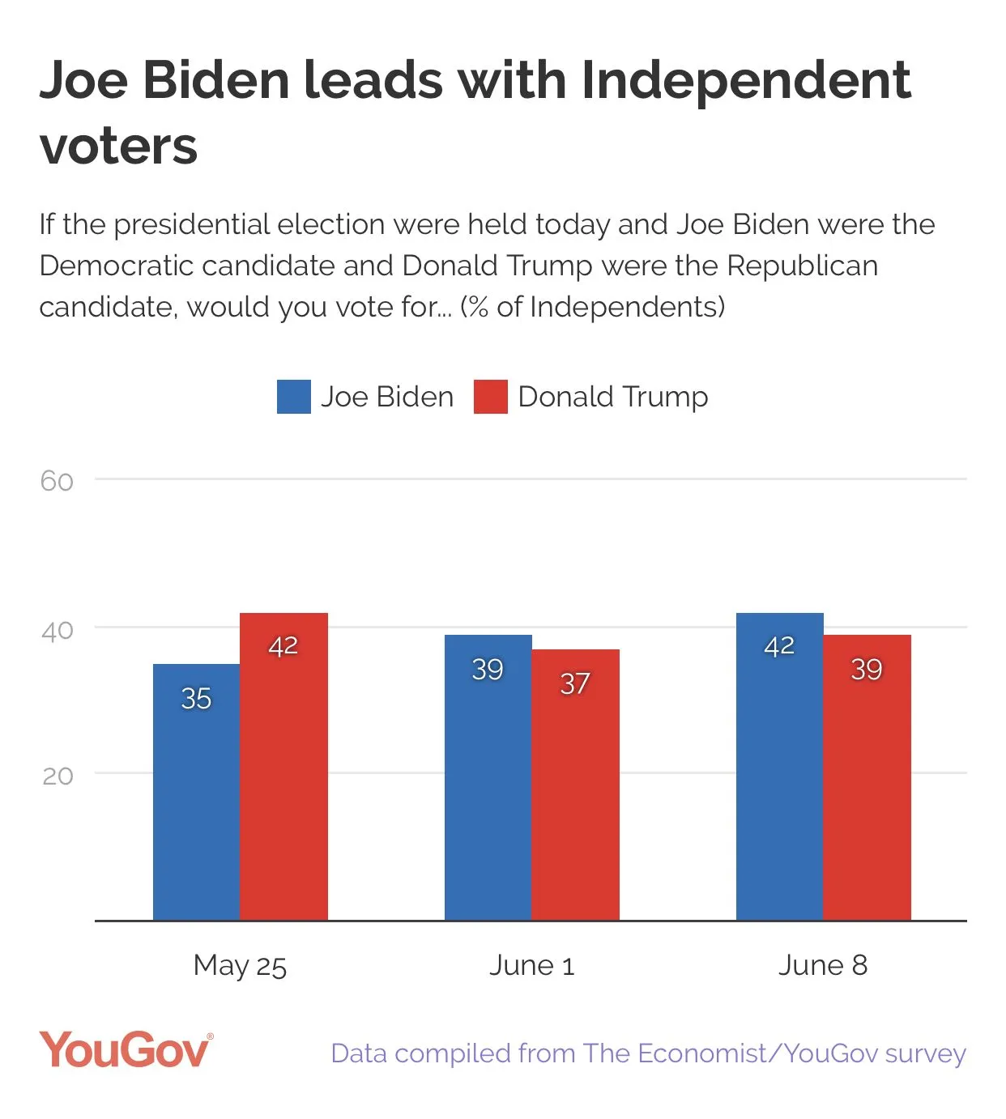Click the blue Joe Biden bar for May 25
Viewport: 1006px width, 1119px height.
(196, 794)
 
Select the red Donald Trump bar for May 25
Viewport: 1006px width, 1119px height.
(283, 769)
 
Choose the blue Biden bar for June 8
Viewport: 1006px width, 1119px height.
(779, 769)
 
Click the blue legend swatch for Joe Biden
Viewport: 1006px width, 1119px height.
(293, 397)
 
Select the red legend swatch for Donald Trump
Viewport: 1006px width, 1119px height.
(490, 397)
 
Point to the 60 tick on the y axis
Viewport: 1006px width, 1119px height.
(57, 481)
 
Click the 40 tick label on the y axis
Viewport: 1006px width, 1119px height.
(57, 630)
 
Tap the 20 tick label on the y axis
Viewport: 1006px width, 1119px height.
(57, 776)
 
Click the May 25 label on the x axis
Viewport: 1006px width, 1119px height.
(240, 965)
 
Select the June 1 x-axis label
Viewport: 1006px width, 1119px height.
(531, 965)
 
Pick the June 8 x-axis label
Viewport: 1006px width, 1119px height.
(823, 965)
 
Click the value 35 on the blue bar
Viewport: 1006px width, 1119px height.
(196, 698)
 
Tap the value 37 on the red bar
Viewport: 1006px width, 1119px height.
(575, 683)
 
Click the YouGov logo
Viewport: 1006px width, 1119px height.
(126, 1050)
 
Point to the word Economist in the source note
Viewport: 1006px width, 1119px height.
(701, 1053)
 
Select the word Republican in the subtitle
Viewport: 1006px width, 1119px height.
(802, 266)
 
